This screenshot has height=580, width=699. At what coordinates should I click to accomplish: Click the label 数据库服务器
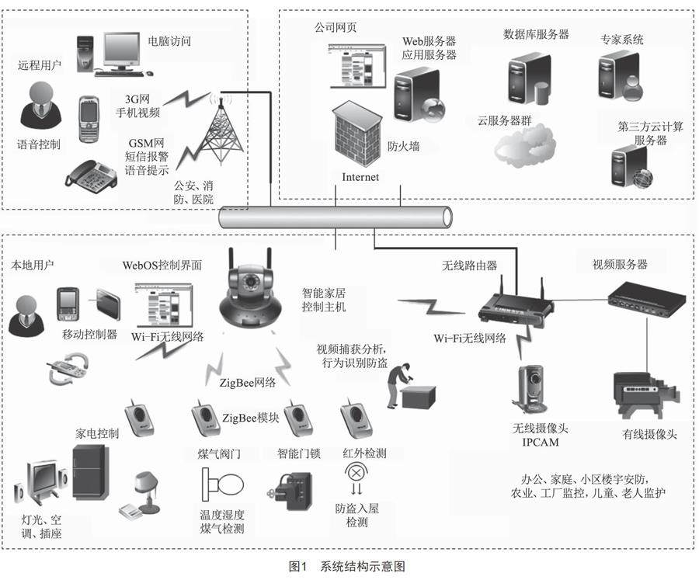pyautogui.click(x=536, y=35)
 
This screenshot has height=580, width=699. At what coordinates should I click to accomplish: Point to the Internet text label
pyautogui.click(x=360, y=177)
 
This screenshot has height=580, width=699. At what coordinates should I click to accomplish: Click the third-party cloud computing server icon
pyautogui.click(x=630, y=168)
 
